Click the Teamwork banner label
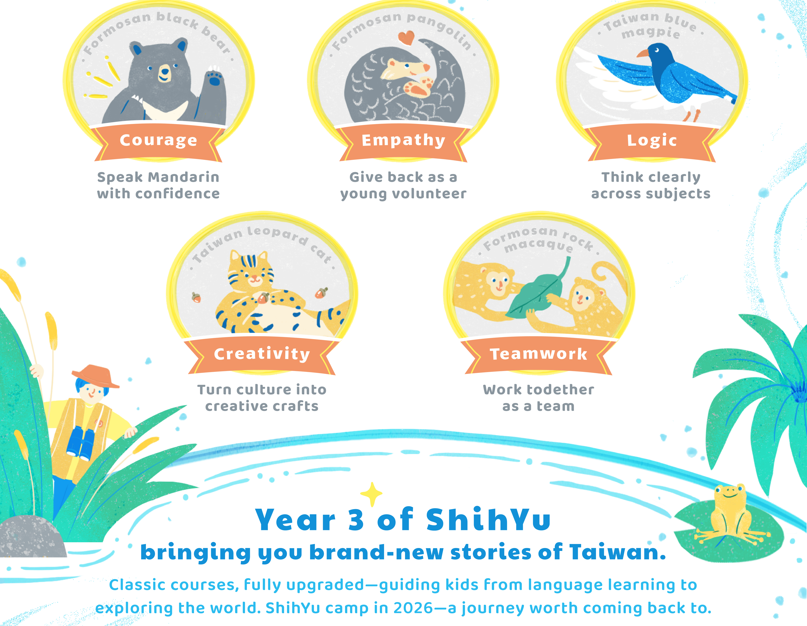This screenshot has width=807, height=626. pyautogui.click(x=538, y=354)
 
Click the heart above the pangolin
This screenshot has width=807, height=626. pyautogui.click(x=406, y=37)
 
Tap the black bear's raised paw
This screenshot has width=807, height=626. pyautogui.click(x=214, y=76)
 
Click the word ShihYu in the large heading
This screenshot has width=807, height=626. pyautogui.click(x=488, y=519)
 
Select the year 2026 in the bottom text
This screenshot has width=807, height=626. pyautogui.click(x=413, y=608)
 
